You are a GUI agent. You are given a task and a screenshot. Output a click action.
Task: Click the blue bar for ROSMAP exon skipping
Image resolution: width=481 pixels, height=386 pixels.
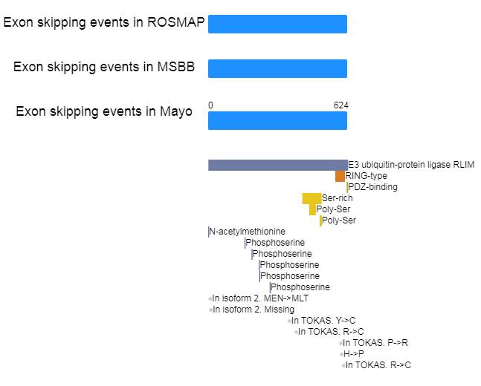click(277, 24)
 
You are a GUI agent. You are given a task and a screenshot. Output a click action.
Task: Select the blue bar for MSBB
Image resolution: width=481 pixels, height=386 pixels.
click(277, 68)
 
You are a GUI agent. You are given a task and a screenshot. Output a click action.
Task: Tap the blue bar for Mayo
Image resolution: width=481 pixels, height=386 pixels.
click(277, 121)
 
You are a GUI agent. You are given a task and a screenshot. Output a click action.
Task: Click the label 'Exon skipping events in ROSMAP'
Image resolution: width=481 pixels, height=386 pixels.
click(104, 22)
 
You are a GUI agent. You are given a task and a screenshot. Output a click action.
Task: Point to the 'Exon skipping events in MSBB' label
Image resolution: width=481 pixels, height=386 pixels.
click(104, 67)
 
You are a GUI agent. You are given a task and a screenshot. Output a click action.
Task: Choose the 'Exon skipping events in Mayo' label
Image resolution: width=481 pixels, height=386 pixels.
click(104, 111)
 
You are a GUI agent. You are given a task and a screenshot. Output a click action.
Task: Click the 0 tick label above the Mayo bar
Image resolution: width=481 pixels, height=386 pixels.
click(210, 105)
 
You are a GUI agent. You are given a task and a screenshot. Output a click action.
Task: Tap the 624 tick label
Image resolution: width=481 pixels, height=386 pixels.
click(340, 105)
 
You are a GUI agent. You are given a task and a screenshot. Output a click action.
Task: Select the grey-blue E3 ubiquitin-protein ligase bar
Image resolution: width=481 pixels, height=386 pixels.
click(278, 165)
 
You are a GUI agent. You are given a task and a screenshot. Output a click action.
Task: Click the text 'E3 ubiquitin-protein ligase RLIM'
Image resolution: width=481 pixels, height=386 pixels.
click(411, 165)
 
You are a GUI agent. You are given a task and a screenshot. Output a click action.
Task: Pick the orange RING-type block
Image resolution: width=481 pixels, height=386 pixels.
click(340, 176)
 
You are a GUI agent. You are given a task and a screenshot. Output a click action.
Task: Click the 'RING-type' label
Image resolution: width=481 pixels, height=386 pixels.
click(367, 176)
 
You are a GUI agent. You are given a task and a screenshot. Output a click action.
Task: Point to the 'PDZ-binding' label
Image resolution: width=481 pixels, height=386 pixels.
click(373, 187)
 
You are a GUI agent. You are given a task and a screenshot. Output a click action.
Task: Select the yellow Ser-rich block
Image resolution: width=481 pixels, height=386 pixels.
click(311, 198)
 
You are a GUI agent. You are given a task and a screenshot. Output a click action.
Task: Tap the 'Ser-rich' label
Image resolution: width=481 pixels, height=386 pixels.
click(337, 198)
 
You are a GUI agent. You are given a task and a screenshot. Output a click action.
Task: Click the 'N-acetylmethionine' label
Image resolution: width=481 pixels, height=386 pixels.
click(248, 232)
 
